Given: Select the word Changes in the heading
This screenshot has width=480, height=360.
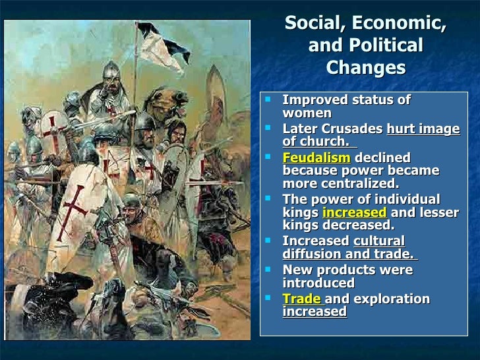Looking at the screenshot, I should [366, 68].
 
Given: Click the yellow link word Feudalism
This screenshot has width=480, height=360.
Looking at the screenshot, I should [316, 158].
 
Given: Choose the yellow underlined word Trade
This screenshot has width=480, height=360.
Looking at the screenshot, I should [302, 299].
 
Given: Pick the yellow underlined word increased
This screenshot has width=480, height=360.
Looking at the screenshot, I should [354, 212].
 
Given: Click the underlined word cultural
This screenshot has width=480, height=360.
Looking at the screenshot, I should [379, 241].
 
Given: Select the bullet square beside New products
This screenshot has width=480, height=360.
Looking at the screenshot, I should [268, 270].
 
